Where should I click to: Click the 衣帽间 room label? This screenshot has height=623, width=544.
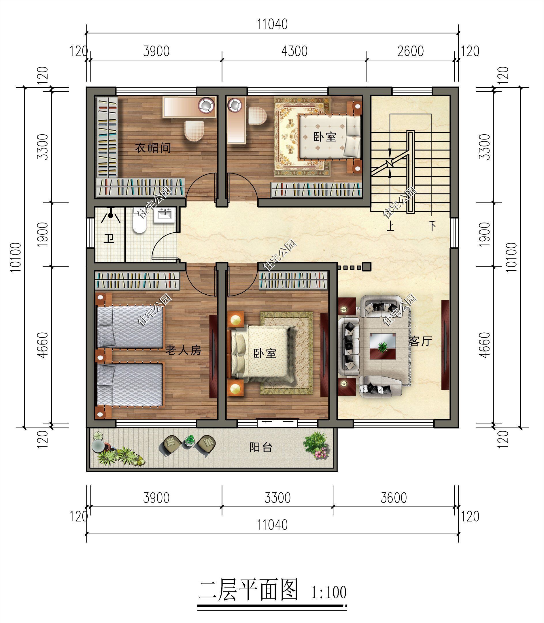[x=153, y=148]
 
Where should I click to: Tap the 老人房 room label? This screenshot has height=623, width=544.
[x=183, y=350]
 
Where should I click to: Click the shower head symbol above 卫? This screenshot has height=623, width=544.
[x=111, y=215]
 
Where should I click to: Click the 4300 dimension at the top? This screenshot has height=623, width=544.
[x=294, y=51]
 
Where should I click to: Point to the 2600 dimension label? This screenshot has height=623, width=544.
[x=410, y=51]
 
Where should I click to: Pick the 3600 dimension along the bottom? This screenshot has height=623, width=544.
[x=393, y=498]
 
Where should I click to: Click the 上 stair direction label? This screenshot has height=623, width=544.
[x=390, y=226]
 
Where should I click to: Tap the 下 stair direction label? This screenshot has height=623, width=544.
[x=432, y=226]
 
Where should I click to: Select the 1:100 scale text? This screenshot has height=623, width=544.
[x=328, y=592]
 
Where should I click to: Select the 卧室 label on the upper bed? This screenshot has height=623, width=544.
[x=324, y=137]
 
